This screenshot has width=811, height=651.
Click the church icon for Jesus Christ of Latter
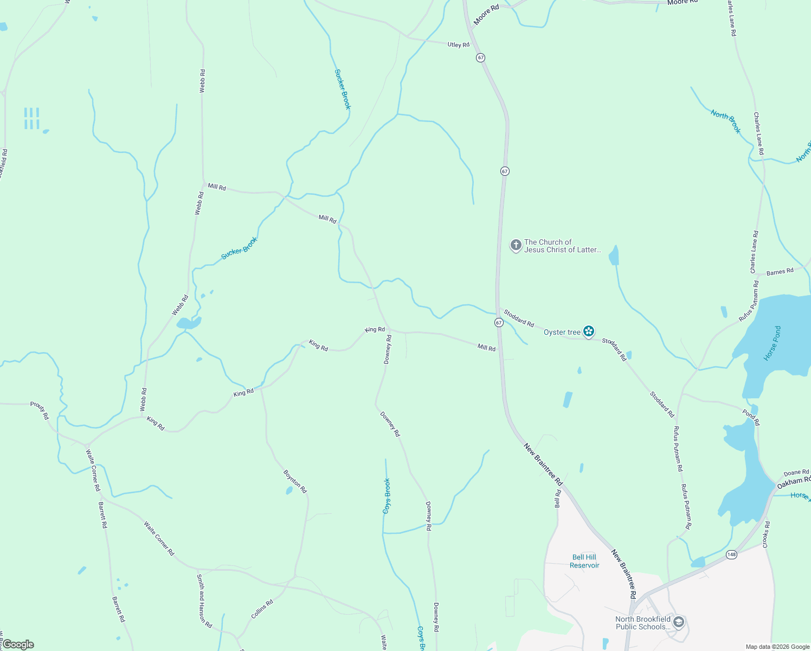(x=516, y=245)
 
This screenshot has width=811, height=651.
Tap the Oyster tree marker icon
(x=589, y=331)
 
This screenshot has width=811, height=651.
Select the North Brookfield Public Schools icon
(x=679, y=622)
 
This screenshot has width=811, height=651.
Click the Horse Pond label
(x=773, y=343)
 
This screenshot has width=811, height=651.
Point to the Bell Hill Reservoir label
(x=584, y=561)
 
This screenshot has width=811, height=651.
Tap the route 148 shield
(x=732, y=554)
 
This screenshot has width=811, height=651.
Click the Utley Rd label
(x=458, y=44)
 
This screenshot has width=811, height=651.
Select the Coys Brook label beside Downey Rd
(x=387, y=496)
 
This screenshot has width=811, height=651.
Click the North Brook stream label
(x=725, y=122)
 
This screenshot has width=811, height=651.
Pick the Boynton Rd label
(x=295, y=481)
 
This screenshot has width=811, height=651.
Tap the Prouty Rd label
(x=40, y=410)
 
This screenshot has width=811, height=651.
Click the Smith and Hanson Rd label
(x=204, y=601)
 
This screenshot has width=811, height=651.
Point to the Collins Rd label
(x=262, y=609)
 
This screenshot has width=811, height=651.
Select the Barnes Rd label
(x=780, y=271)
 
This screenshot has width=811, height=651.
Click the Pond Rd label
(x=751, y=417)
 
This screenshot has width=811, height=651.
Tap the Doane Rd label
(x=796, y=473)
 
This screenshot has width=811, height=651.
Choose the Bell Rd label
(x=558, y=499)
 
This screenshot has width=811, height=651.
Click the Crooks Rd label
(x=767, y=534)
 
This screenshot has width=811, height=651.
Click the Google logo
(x=18, y=644)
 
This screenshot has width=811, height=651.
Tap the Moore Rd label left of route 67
(x=486, y=15)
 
